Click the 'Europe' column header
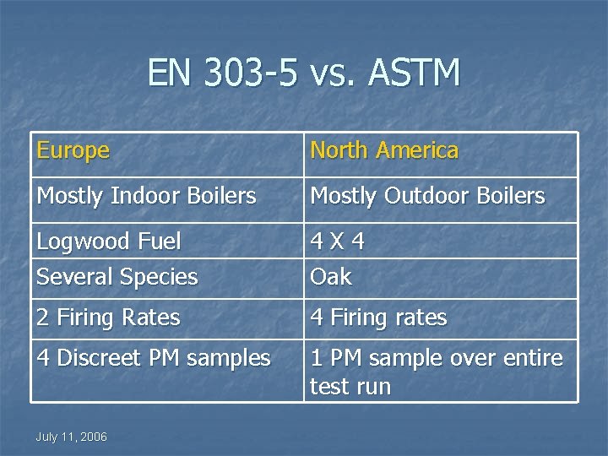[73, 151]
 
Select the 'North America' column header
[384, 151]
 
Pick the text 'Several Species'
[117, 276]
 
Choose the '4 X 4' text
[338, 242]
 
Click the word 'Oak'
[331, 276]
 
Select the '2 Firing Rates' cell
[108, 318]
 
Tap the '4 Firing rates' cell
[379, 318]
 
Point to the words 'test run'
[350, 387]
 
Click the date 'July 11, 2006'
[71, 436]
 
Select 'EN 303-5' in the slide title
[222, 74]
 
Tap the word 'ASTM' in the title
[415, 74]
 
